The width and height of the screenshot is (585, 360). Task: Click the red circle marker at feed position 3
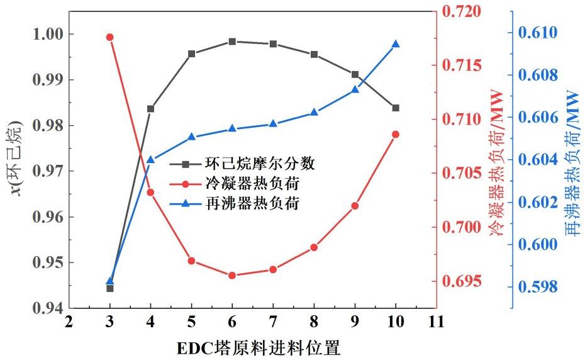tap(109, 37)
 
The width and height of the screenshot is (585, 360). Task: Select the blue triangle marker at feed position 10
tap(396, 44)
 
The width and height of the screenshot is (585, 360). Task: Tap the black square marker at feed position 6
tap(232, 42)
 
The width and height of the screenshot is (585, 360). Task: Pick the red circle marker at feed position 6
tap(232, 275)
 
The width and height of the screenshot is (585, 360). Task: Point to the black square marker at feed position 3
tap(109, 288)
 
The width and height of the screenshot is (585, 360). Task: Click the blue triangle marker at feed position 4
tap(150, 159)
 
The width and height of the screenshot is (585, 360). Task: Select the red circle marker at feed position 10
tap(396, 134)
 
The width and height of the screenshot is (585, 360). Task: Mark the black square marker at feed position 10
tap(396, 108)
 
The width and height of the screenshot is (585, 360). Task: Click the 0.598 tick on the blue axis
tap(540, 287)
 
